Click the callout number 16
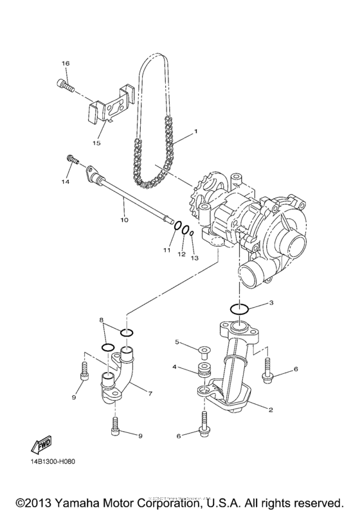[x=65, y=64]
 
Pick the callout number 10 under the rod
[x=123, y=220]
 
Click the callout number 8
[x=101, y=319]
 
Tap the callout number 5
[x=177, y=342]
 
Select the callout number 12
[x=181, y=254]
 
